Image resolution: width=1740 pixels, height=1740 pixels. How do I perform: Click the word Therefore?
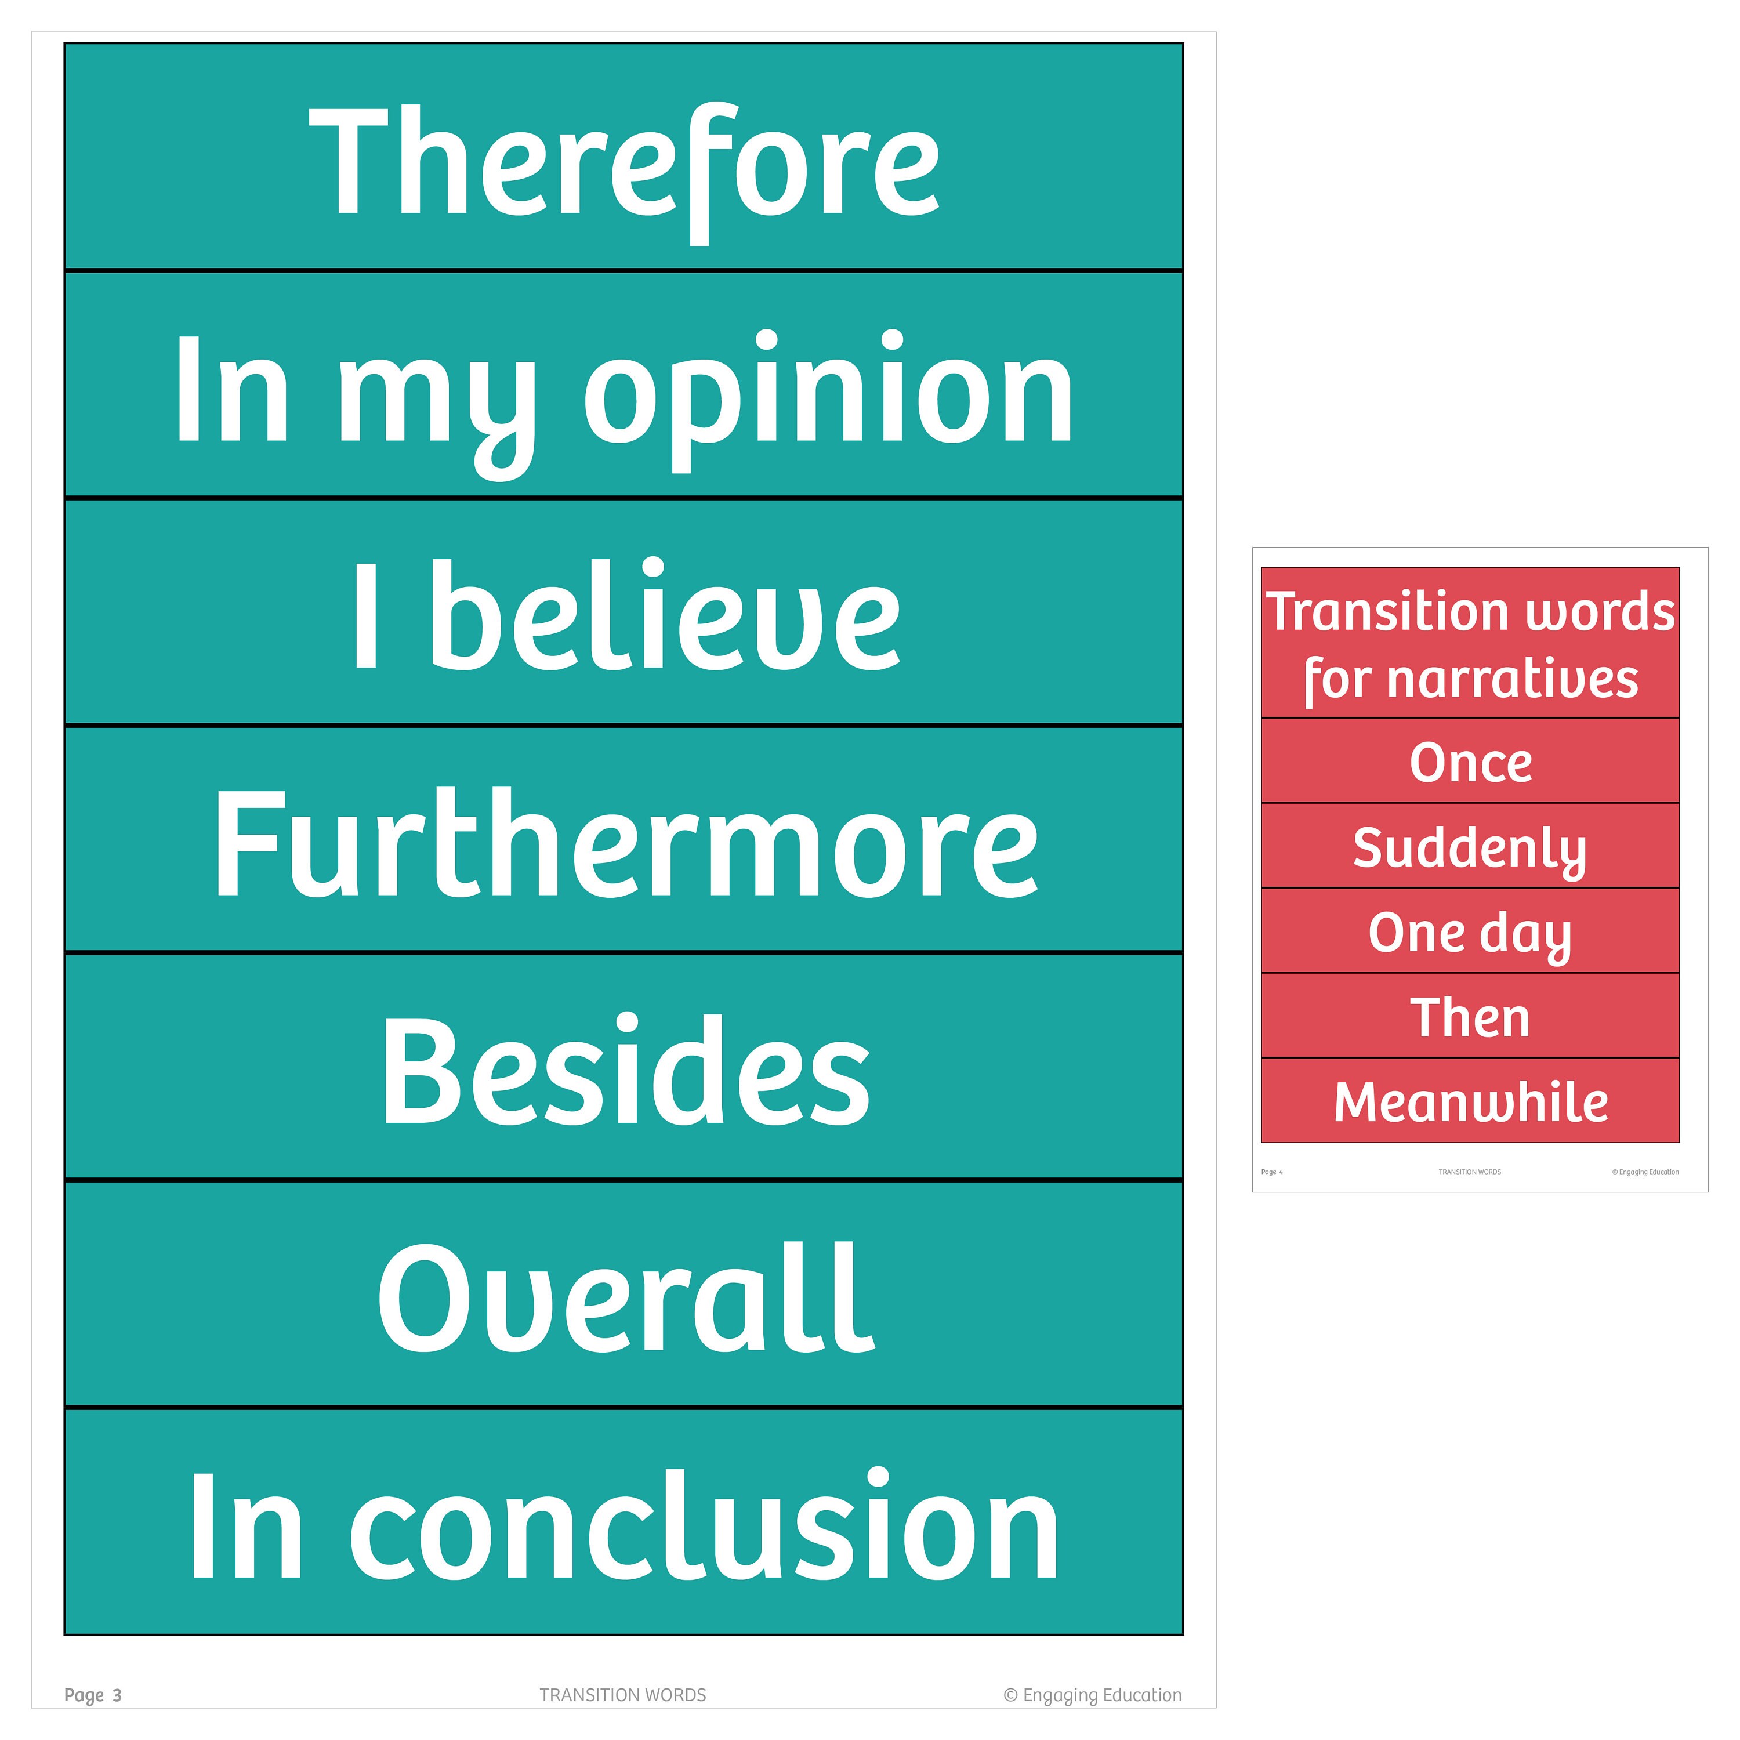[x=624, y=162]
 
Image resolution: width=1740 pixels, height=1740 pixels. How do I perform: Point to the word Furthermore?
[x=624, y=845]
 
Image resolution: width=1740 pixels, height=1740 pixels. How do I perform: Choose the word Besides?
[x=624, y=1072]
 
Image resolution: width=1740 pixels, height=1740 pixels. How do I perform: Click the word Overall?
[x=624, y=1300]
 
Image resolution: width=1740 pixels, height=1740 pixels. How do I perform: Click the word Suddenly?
[x=1470, y=849]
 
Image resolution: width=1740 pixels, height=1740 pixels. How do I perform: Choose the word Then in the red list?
[x=1470, y=1018]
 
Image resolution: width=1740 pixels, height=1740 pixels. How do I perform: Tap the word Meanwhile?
[x=1470, y=1103]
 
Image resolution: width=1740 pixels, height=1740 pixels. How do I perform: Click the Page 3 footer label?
[x=93, y=1696]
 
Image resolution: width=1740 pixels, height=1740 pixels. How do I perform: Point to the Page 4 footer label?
[x=1272, y=1172]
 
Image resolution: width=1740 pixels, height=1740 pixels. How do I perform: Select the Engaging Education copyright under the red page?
[x=1645, y=1172]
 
